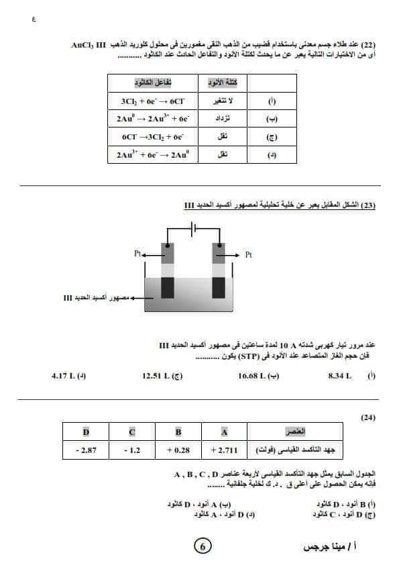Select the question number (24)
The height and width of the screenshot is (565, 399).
click(x=368, y=417)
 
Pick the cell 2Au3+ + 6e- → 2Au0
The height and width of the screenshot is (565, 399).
click(x=152, y=154)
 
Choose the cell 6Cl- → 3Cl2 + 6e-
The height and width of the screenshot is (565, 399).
click(x=152, y=136)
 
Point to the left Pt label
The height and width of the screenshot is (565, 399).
click(x=138, y=255)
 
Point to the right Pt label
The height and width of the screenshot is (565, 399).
click(x=249, y=255)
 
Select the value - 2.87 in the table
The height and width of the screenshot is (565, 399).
click(x=86, y=450)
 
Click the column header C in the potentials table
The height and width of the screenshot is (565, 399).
click(x=132, y=431)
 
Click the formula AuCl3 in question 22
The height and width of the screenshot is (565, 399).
click(x=85, y=45)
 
